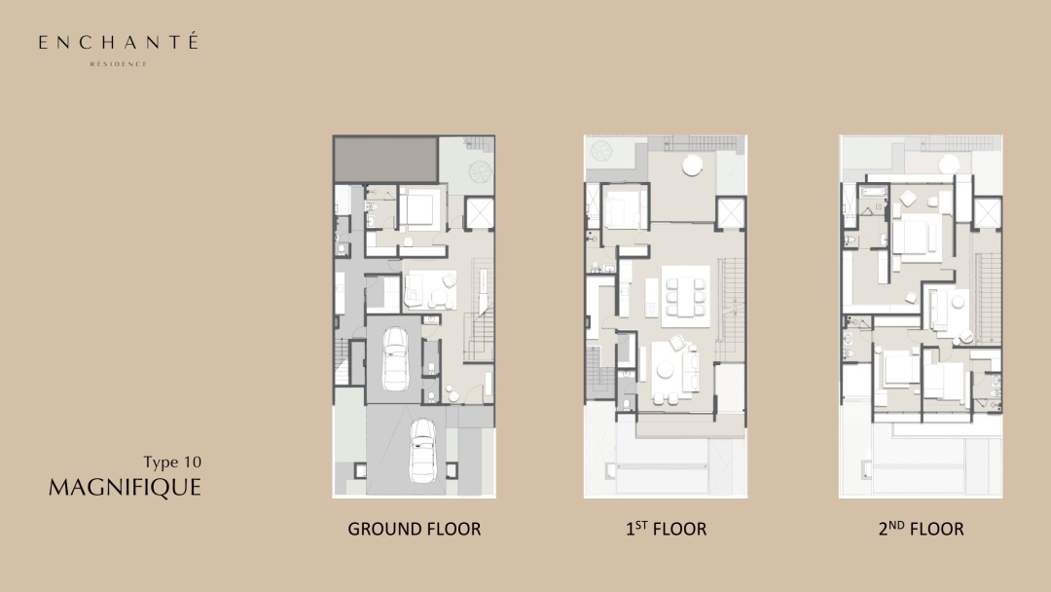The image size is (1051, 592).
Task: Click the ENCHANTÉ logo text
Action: coord(119,42)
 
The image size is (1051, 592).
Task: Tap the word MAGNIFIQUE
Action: coord(125,488)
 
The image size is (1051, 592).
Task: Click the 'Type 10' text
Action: coord(172,462)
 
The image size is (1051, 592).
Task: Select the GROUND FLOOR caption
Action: coord(415,529)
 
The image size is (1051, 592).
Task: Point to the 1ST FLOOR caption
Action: coord(667,529)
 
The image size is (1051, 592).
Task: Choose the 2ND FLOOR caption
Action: coord(921,529)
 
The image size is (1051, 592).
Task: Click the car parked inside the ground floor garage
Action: coord(395,358)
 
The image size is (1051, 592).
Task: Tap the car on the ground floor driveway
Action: coord(423,451)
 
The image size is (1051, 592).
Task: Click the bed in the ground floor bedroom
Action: coord(420,209)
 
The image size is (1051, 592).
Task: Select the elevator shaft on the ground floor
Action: coord(479,214)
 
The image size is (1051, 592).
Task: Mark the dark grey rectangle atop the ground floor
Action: coord(386,159)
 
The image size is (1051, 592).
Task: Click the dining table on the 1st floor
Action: coord(686,296)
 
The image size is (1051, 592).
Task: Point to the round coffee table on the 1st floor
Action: coord(666,369)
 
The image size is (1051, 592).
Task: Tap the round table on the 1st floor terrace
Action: coord(693,165)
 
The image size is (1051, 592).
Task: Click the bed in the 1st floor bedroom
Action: coord(625,207)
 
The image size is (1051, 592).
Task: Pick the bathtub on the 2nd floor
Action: coord(874,193)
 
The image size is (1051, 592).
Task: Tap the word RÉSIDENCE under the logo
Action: coord(119,64)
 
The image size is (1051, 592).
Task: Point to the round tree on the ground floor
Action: coord(480,171)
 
